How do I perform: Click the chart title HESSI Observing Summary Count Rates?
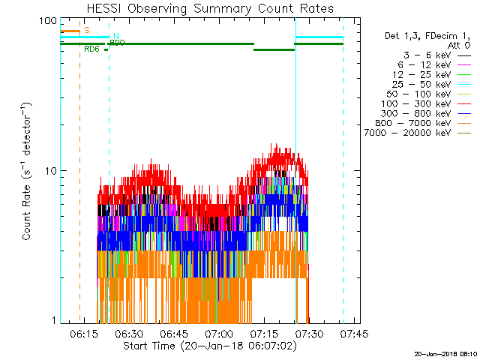pyautogui.click(x=210, y=9)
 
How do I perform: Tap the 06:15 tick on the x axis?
pyautogui.click(x=84, y=332)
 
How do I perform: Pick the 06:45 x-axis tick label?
pyautogui.click(x=174, y=332)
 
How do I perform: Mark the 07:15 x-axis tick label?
pyautogui.click(x=264, y=332)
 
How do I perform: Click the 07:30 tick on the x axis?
pyautogui.click(x=309, y=332)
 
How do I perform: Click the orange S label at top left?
pyautogui.click(x=87, y=30)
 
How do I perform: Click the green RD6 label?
pyautogui.click(x=91, y=49)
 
